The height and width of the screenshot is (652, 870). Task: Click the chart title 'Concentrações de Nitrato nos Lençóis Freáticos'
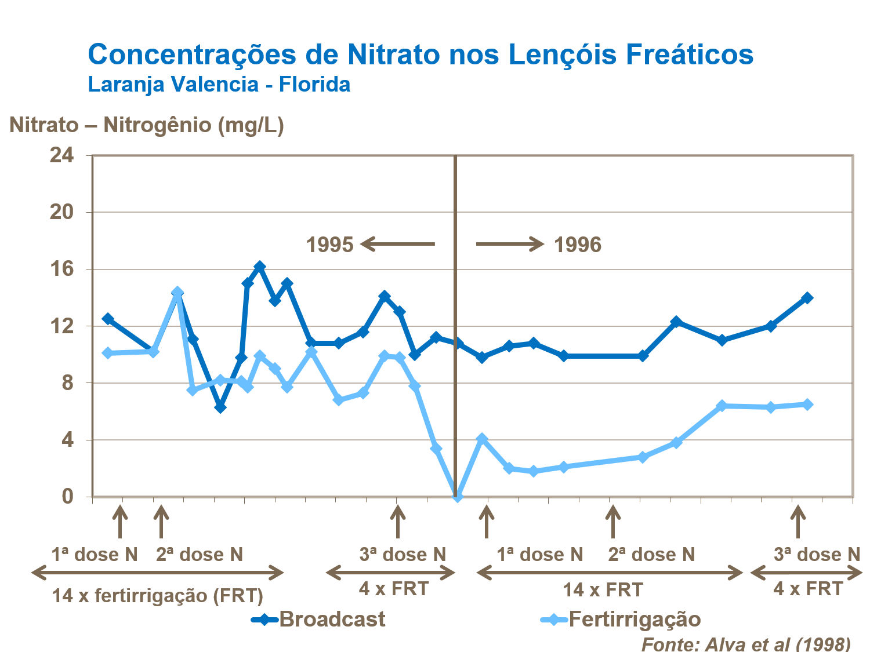(x=420, y=55)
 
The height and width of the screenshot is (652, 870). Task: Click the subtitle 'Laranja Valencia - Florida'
(x=219, y=85)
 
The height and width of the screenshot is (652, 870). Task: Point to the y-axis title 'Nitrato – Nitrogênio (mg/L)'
(x=146, y=125)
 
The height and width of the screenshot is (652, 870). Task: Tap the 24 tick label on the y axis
(x=62, y=155)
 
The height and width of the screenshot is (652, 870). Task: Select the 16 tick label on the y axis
(x=62, y=269)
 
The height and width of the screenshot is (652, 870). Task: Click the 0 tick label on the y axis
(x=68, y=497)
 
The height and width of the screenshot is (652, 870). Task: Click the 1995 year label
(x=329, y=245)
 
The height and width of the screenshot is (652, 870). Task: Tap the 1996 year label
(x=578, y=245)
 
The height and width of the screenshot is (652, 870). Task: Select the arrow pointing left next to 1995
(x=398, y=244)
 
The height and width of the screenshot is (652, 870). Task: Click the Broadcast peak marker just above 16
(x=260, y=267)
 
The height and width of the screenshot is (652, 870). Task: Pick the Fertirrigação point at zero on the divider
(x=457, y=497)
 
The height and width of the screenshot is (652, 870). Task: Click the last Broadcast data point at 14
(x=807, y=298)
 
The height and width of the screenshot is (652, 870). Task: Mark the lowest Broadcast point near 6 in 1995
(x=220, y=407)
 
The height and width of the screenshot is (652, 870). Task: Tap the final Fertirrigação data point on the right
(x=807, y=405)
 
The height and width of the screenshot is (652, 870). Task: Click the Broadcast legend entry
(x=319, y=620)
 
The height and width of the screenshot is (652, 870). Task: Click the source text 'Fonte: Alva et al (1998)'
(x=746, y=644)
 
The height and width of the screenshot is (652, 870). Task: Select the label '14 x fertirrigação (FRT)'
(x=158, y=595)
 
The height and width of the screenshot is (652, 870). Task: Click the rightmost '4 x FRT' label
(x=808, y=589)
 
